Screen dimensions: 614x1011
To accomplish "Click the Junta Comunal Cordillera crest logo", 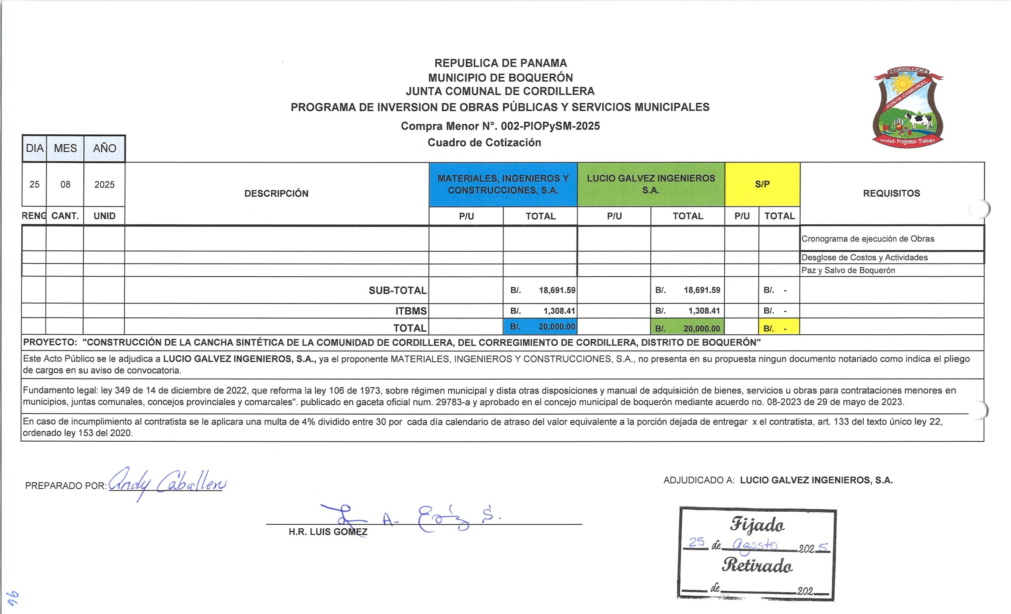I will coord(908,107).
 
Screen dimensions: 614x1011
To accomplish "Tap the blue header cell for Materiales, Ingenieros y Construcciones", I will coord(503,184).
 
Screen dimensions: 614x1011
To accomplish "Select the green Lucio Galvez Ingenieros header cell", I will coord(651,184).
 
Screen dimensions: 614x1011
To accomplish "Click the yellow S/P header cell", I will coord(762,184).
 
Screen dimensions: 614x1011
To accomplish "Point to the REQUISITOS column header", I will coord(891,193).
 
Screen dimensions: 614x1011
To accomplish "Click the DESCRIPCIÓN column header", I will coord(276,193).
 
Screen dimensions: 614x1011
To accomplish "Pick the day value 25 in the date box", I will coord(34,185).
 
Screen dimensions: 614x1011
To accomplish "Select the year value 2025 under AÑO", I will coord(104,185).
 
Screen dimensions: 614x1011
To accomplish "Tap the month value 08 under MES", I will coord(65,185).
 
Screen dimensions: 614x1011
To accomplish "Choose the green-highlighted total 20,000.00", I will coord(688,328).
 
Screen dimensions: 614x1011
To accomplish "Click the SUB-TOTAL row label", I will coord(398,290).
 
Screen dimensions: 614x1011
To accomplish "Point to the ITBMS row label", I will coord(411,311).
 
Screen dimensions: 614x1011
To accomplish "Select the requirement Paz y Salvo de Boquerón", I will coord(848,271).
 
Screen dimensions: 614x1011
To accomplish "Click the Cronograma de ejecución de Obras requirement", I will coord(868,239).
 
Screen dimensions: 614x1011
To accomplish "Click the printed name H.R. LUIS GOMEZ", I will coord(328,532).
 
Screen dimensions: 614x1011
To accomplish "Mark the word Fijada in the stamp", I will coord(757,525).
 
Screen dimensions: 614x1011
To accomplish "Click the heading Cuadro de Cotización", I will coord(484,142).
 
